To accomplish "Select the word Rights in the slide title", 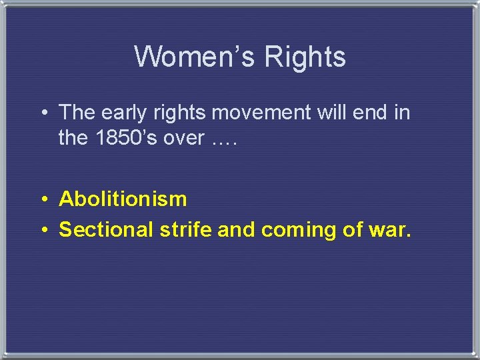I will (305, 57).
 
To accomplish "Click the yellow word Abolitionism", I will (123, 199).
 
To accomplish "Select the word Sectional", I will (107, 229).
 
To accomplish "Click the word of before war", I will (351, 229).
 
